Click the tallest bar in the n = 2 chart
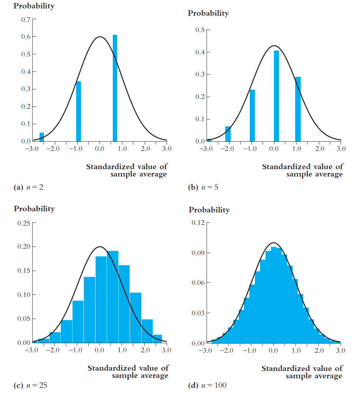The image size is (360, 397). click(115, 88)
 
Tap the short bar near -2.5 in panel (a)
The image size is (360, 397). click(42, 137)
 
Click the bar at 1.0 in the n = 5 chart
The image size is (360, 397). click(298, 109)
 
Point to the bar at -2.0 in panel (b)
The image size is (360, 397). click(228, 134)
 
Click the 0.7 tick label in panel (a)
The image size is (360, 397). click(26, 19)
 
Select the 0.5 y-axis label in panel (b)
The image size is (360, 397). click(200, 30)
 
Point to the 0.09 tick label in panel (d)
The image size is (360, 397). click(198, 253)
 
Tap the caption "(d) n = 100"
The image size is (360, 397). click(207, 385)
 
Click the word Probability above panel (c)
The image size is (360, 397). click(34, 209)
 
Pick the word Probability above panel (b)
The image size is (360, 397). click(208, 14)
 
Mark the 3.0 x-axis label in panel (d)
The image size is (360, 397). click(340, 350)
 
